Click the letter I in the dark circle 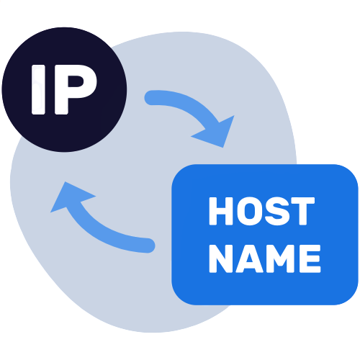(38, 89)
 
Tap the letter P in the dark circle (76, 89)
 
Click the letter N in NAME (221, 258)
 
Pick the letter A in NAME (249, 258)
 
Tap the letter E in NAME (310, 258)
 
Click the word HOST (262, 211)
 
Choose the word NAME (265, 258)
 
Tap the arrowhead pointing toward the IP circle (70, 196)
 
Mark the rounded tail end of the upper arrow (151, 98)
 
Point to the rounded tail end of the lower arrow (148, 246)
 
